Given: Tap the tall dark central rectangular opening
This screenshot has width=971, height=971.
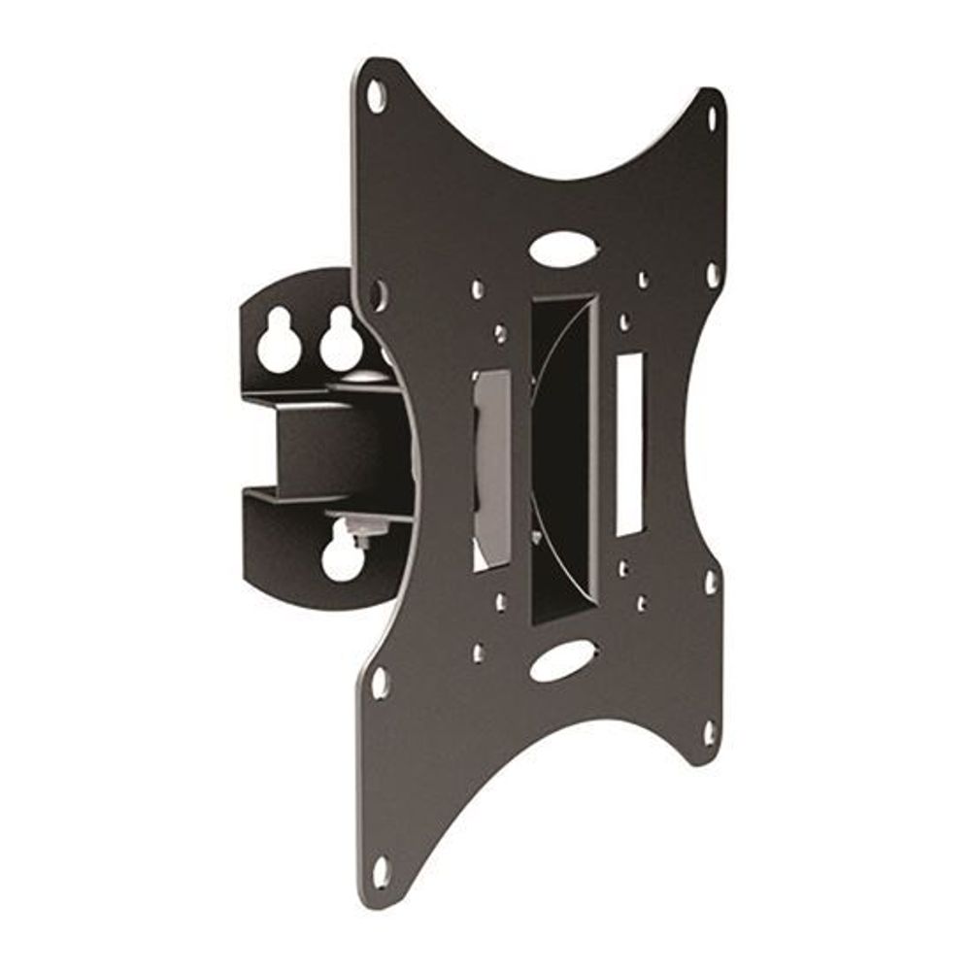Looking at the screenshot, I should click(x=563, y=456).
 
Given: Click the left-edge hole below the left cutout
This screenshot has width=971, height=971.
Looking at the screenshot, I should click(x=380, y=681).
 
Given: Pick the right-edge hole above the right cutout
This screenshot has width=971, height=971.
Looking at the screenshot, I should click(x=711, y=276).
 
